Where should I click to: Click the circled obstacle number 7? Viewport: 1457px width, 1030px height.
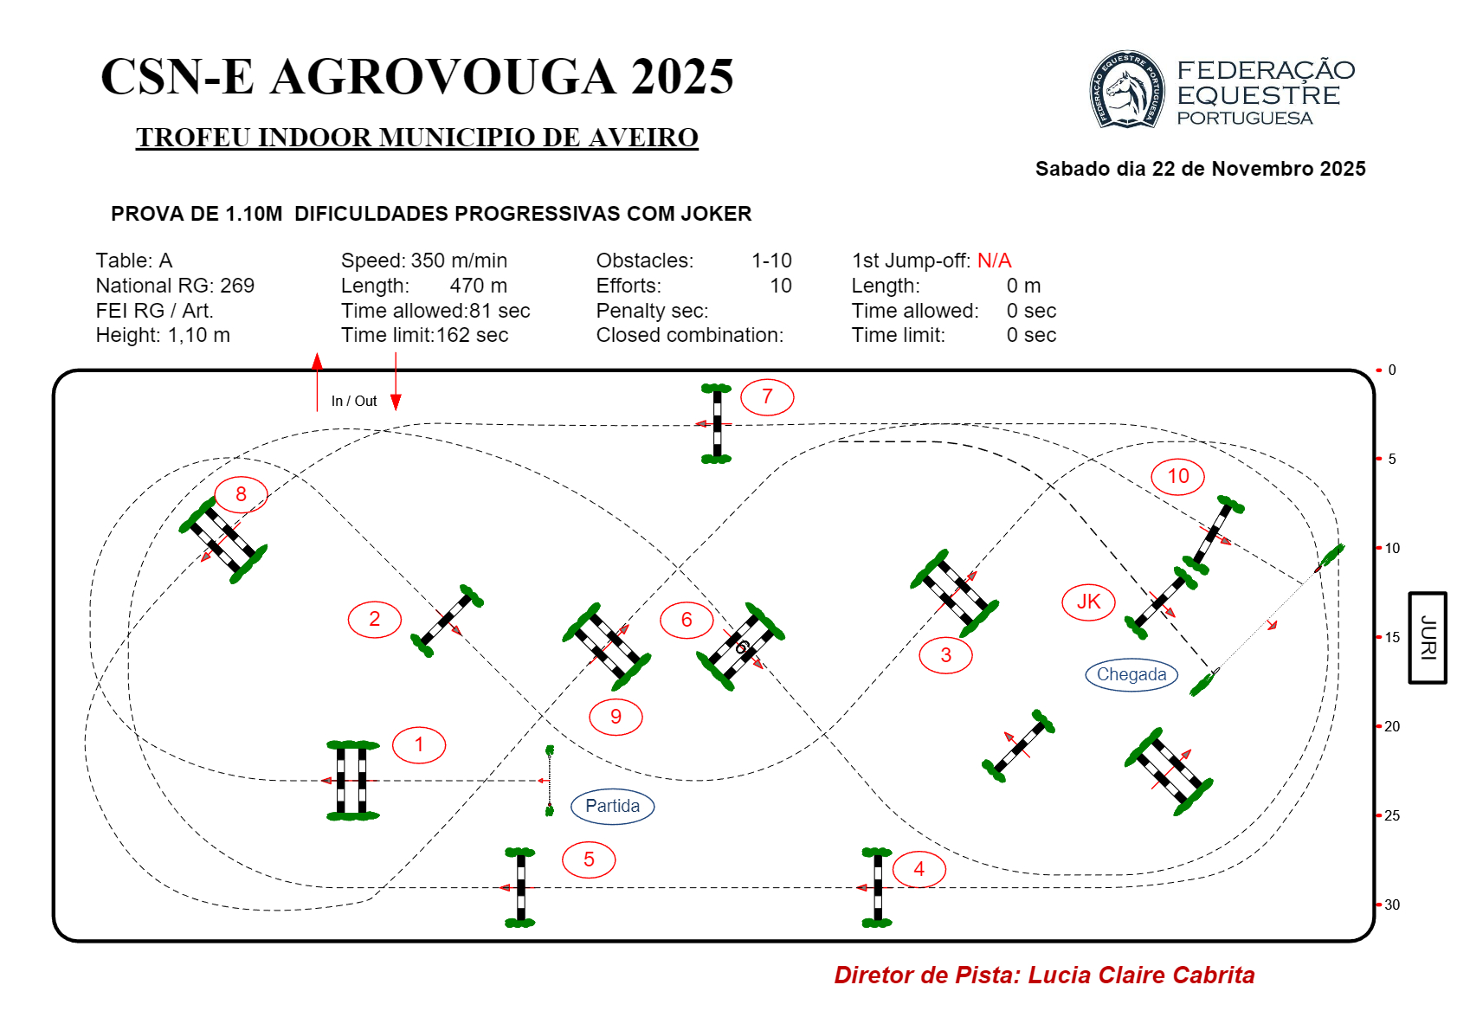pos(767,397)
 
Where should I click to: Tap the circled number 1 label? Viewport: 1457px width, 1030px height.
pos(419,745)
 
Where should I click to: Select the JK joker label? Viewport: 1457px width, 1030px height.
pos(1088,602)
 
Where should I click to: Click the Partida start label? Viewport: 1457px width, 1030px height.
pos(612,806)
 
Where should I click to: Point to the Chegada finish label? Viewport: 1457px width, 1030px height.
pos(1131,675)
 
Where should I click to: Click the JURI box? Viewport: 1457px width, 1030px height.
pos(1428,638)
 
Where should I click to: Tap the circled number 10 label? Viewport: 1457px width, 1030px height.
pos(1177,476)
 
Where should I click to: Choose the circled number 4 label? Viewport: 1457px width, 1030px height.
pos(919,869)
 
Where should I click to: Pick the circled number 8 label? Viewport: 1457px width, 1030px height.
pos(241,494)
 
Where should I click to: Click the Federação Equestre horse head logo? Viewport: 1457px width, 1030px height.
pos(1126,90)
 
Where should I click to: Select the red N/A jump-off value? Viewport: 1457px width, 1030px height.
pos(994,261)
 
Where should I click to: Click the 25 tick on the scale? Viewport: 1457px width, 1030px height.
pos(1391,815)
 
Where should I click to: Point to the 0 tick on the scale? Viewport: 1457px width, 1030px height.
pos(1391,370)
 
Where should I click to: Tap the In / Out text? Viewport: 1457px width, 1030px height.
pos(354,402)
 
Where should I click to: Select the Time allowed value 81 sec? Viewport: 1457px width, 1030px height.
pos(500,311)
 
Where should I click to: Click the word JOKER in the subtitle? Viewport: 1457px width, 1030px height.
pos(709,214)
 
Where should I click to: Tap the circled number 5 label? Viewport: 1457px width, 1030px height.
pos(589,859)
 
